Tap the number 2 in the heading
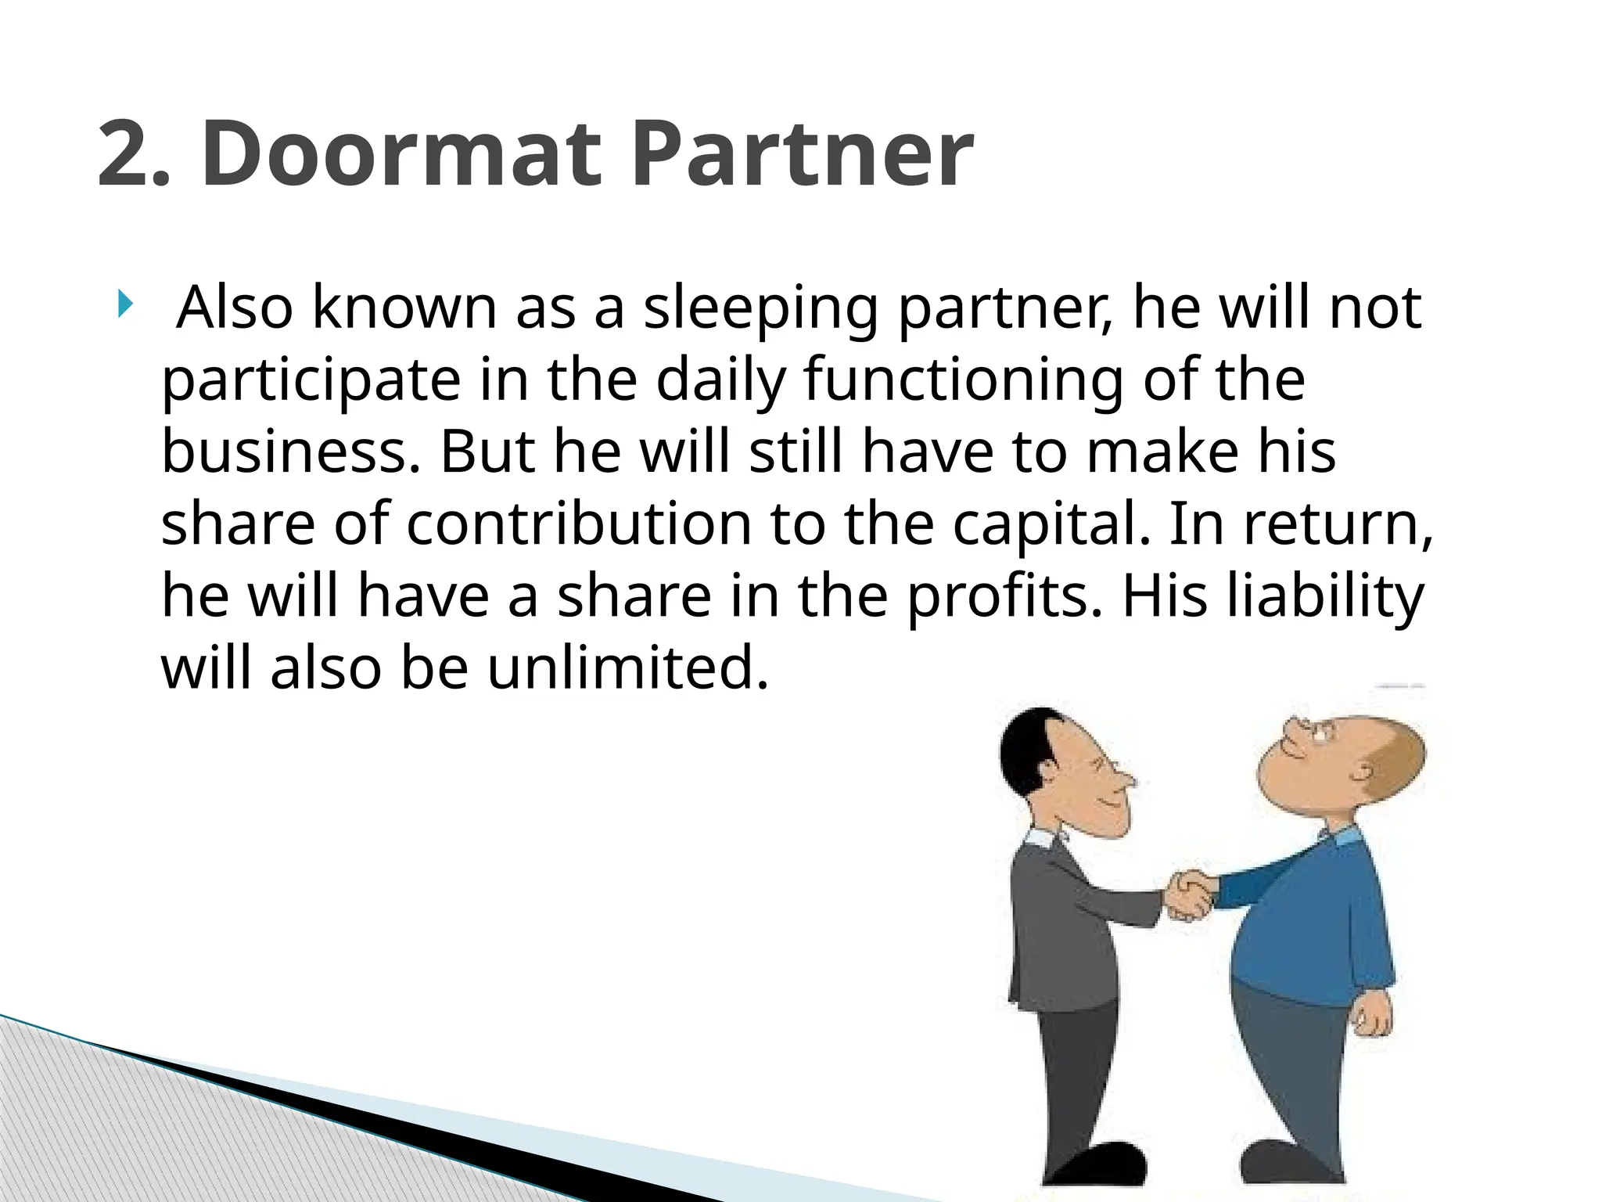[125, 153]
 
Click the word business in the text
[286, 452]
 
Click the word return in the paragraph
[1338, 524]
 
